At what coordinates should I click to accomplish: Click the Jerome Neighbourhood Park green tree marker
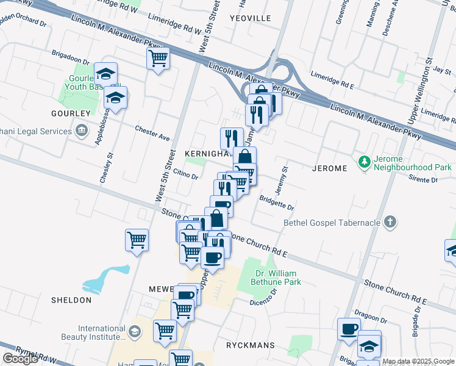tap(365, 162)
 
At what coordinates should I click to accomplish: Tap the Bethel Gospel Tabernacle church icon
tap(391, 223)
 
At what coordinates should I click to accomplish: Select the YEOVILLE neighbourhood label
tap(250, 18)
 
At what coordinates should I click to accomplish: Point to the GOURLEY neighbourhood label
tap(70, 113)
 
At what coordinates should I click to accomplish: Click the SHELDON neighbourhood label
tap(71, 300)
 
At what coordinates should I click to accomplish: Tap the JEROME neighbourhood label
tap(329, 168)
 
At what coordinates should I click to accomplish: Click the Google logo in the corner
tap(20, 359)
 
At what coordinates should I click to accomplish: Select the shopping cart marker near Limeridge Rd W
tap(158, 59)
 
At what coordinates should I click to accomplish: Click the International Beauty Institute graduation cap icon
tap(135, 332)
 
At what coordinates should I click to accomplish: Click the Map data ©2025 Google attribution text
tap(418, 361)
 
